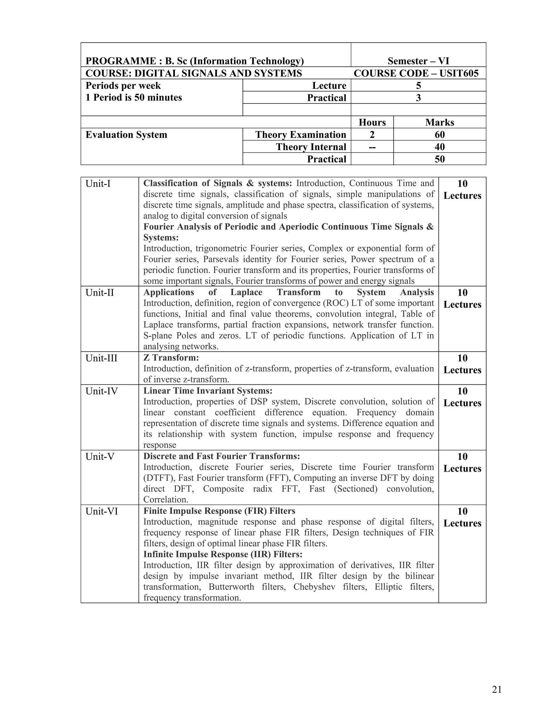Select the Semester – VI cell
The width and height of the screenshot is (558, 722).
click(418, 61)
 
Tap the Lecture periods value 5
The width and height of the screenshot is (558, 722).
click(418, 86)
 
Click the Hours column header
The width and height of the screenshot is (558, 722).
click(372, 122)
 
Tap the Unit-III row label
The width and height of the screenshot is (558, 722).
click(101, 358)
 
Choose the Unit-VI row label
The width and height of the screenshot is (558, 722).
click(101, 511)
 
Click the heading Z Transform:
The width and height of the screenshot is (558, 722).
click(171, 357)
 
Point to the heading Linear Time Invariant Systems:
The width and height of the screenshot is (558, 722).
click(208, 390)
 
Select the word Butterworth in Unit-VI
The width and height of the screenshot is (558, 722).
click(231, 587)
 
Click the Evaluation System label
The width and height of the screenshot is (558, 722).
click(126, 135)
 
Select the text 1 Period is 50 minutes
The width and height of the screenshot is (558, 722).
click(134, 98)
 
